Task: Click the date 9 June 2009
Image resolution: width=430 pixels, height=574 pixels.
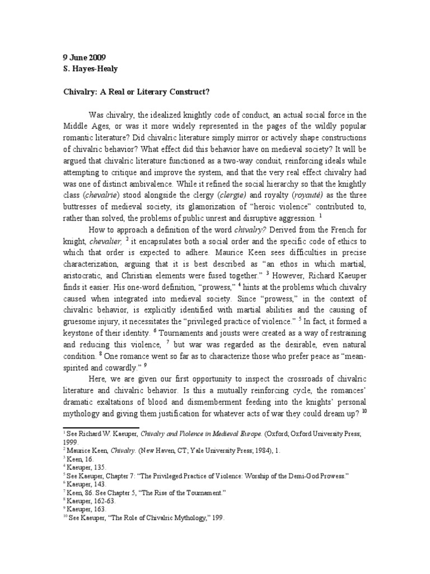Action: [83, 57]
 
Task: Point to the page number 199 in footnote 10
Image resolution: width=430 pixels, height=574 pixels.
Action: [216, 518]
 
